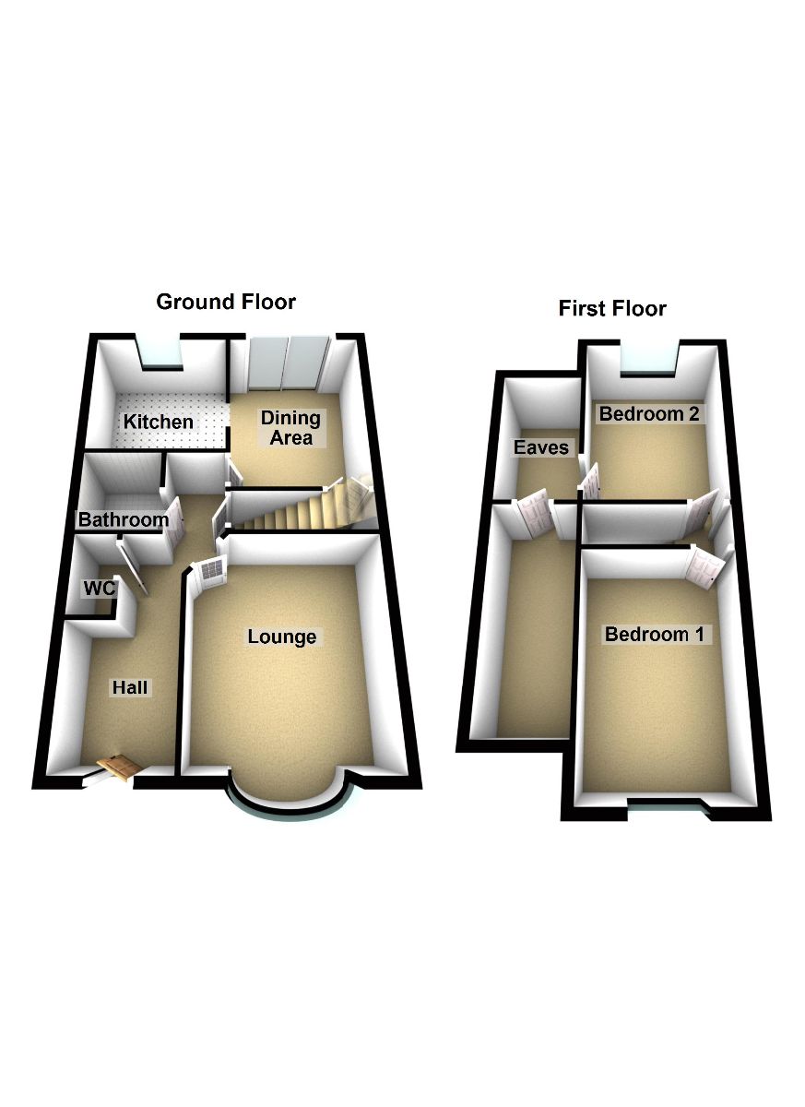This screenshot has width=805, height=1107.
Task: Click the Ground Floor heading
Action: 226,302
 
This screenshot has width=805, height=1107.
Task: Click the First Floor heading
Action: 612,308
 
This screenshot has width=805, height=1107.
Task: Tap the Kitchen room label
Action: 160,423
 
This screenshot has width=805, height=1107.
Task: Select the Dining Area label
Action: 290,428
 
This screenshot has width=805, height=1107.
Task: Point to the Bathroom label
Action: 124,520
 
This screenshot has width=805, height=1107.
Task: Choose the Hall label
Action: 130,687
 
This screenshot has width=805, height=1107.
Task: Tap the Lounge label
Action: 281,637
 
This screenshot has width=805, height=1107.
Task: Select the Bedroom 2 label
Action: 648,414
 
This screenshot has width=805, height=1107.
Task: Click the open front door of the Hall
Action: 118,768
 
